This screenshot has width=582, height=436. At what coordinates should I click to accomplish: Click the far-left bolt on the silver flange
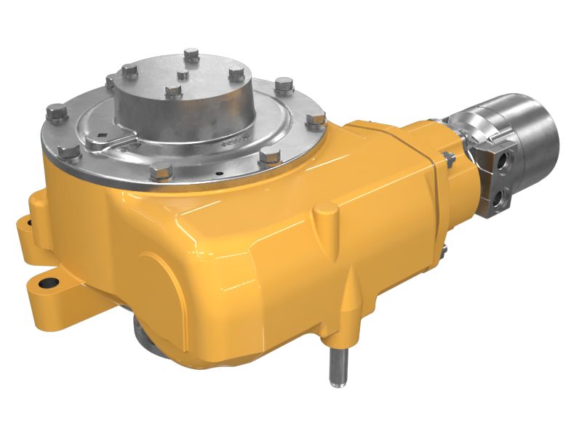tap(55, 113)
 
